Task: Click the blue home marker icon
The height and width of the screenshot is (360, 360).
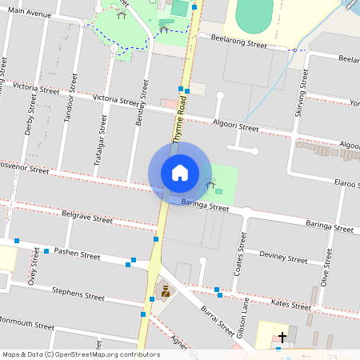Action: tap(179, 172)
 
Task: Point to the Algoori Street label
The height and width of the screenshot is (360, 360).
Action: tap(236, 125)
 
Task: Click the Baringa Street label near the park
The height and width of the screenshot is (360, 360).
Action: tap(205, 207)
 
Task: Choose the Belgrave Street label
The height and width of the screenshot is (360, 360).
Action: tap(87, 218)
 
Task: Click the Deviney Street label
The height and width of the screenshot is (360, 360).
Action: tap(283, 258)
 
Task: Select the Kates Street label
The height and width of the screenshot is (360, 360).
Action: tap(290, 304)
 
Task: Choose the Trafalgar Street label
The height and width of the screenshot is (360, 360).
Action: tap(102, 141)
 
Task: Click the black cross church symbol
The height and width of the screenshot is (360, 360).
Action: tap(282, 338)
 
